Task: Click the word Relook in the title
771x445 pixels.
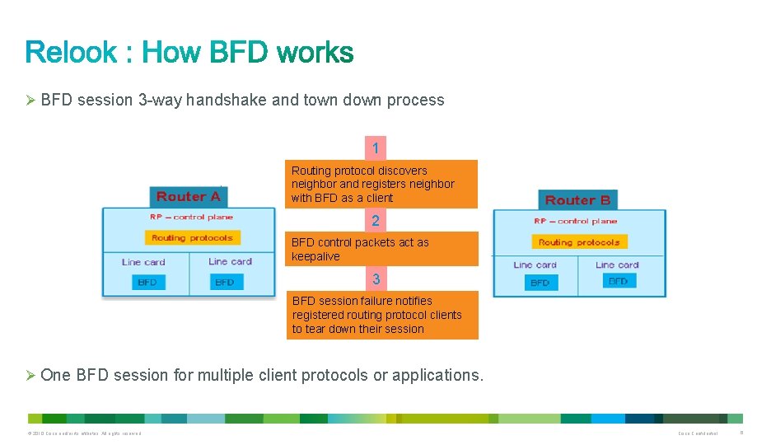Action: (72, 53)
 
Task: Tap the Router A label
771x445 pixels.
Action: (189, 196)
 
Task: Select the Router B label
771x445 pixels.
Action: (578, 200)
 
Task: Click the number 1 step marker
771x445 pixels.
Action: (376, 149)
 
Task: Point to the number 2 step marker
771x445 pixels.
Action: (376, 221)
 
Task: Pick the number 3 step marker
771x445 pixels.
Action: (376, 279)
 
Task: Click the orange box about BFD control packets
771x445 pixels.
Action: (382, 249)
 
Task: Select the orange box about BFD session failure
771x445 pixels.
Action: (383, 315)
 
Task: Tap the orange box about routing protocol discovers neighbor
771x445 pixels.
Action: (381, 184)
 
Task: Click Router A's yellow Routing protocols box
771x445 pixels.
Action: (192, 237)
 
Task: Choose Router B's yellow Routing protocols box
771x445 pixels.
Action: (579, 242)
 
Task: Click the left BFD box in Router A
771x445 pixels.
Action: (147, 282)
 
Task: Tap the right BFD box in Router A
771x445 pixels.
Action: (225, 282)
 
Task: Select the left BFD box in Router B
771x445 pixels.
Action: (540, 283)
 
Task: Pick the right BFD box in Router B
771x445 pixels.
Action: (618, 281)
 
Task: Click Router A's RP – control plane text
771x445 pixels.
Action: (191, 217)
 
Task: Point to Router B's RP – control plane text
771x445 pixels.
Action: (576, 221)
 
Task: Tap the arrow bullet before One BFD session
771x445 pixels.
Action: (31, 376)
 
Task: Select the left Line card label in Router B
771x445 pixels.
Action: (535, 265)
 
